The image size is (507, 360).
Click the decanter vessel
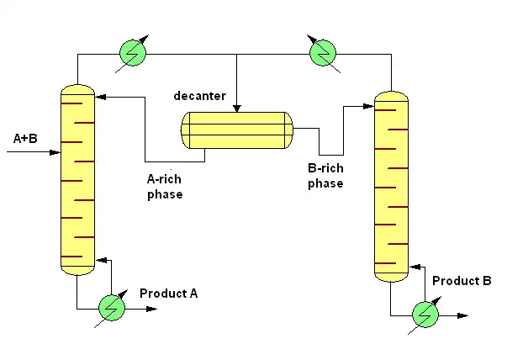click(x=237, y=130)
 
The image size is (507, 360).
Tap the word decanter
click(x=199, y=95)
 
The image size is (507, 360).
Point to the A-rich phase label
click(x=165, y=187)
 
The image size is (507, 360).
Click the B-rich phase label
click(x=325, y=176)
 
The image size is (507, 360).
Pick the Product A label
click(x=168, y=293)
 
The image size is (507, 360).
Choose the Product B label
click(x=462, y=280)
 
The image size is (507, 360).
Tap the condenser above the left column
click(x=134, y=53)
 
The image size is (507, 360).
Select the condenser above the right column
click(x=323, y=53)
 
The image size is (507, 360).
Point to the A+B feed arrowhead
click(x=57, y=153)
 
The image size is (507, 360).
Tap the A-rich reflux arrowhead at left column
click(x=102, y=97)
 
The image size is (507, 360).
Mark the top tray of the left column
click(x=72, y=103)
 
